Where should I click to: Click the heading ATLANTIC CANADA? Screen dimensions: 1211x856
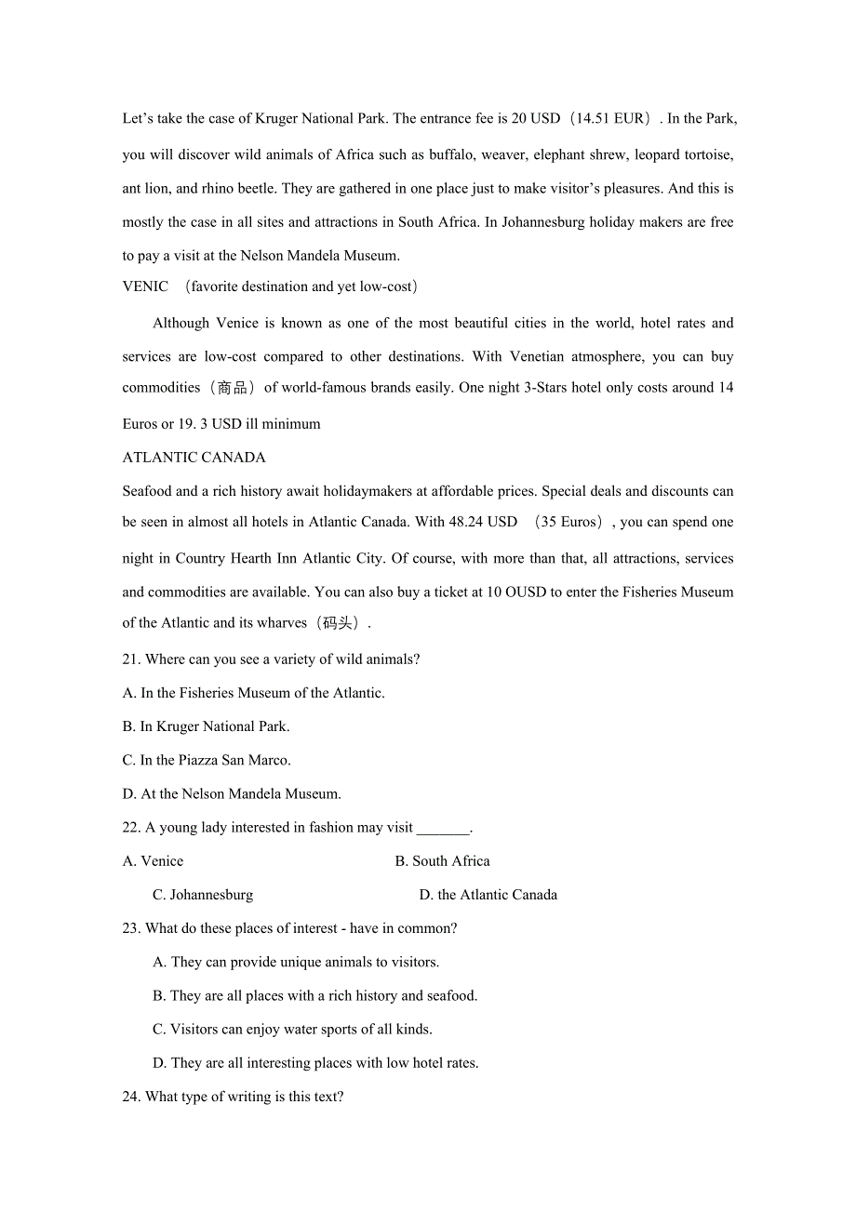coord(194,458)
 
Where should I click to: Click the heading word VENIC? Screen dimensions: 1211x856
coord(145,286)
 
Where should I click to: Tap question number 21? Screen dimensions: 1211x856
coord(131,659)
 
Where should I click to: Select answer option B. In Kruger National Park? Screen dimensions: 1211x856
coord(206,726)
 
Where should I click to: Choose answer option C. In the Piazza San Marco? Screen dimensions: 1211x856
coord(207,760)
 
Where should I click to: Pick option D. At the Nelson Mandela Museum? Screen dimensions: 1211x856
coord(232,793)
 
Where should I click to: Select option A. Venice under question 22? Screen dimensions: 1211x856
coord(154,861)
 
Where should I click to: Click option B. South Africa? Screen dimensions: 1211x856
coord(442,861)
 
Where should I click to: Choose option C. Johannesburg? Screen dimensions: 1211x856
coord(203,895)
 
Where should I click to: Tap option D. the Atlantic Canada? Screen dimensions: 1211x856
coord(488,895)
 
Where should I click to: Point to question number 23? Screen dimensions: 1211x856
coord(131,928)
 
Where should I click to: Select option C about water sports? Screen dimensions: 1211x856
coord(292,1029)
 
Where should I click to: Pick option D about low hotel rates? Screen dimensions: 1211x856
coord(315,1062)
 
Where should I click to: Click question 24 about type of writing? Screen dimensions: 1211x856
coord(233,1097)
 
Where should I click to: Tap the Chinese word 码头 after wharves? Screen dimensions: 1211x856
coord(337,623)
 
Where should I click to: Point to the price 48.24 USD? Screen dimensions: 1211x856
coord(483,522)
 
